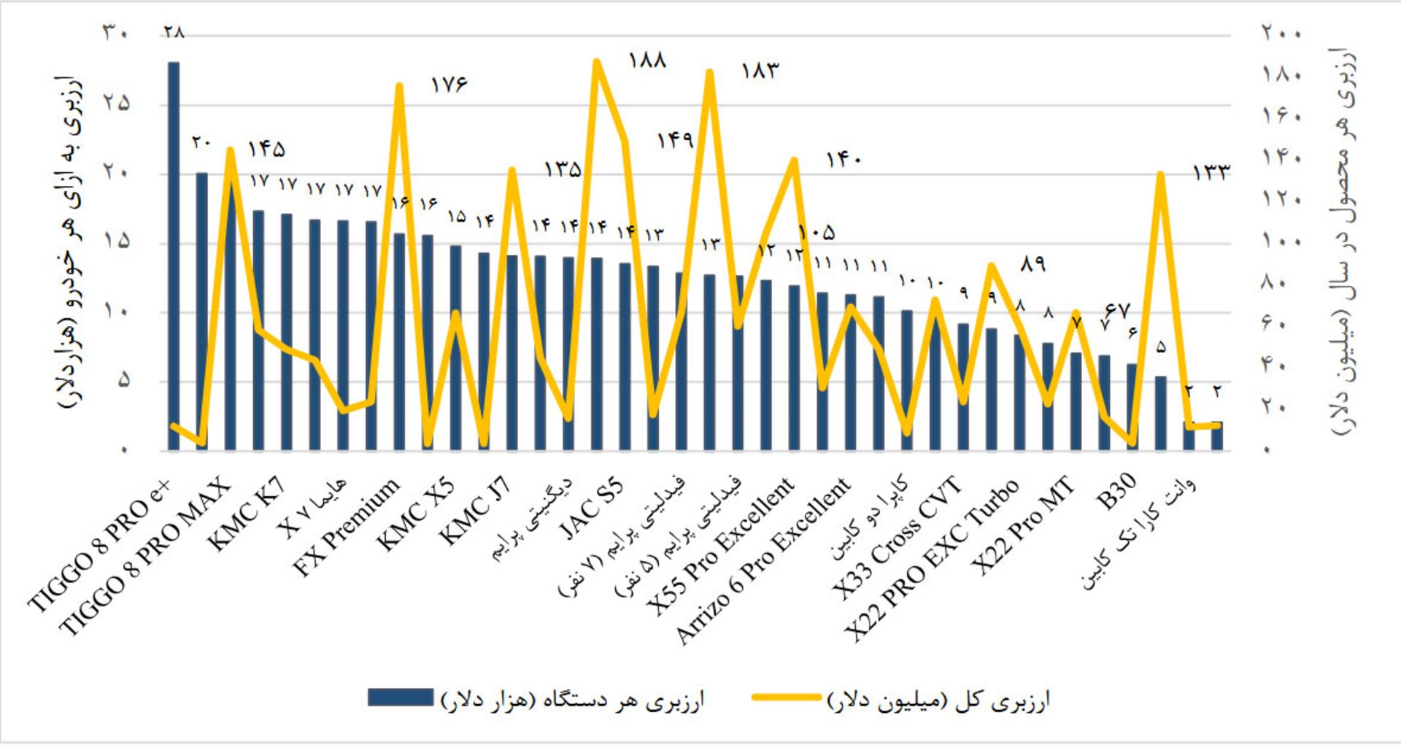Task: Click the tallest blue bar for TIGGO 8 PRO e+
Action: pos(174,255)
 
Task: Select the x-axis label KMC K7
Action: pos(248,517)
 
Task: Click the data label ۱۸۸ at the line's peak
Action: pos(647,61)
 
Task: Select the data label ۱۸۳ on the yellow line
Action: pos(760,71)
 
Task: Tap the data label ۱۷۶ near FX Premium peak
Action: pos(448,85)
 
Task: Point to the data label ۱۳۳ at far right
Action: pos(1211,172)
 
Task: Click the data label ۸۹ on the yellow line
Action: pos(1033,264)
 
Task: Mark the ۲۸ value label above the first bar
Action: pos(174,32)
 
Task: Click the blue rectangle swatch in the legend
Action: pos(401,697)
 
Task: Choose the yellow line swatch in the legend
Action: pos(787,697)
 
